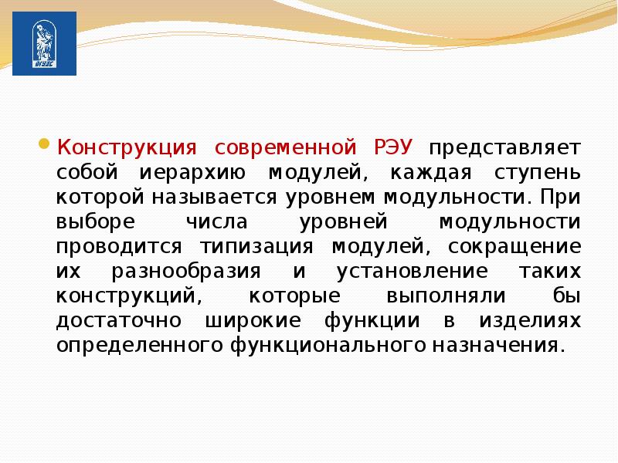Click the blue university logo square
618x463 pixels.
point(45,43)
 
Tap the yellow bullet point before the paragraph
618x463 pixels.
point(44,144)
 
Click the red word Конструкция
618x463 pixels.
point(127,148)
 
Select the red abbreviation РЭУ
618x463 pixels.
point(393,147)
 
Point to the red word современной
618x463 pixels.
point(285,148)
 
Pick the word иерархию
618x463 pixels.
point(192,173)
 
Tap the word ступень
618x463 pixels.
point(538,173)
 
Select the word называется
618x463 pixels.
point(215,198)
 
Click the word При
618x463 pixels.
point(561,198)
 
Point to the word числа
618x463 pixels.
point(217,222)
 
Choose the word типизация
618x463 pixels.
point(256,246)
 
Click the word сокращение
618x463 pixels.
point(514,247)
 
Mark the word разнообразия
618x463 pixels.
point(186,272)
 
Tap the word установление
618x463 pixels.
point(413,272)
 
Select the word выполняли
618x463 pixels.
point(446,296)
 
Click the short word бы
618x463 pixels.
point(567,296)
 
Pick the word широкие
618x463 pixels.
point(253,320)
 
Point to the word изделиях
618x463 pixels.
point(530,320)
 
